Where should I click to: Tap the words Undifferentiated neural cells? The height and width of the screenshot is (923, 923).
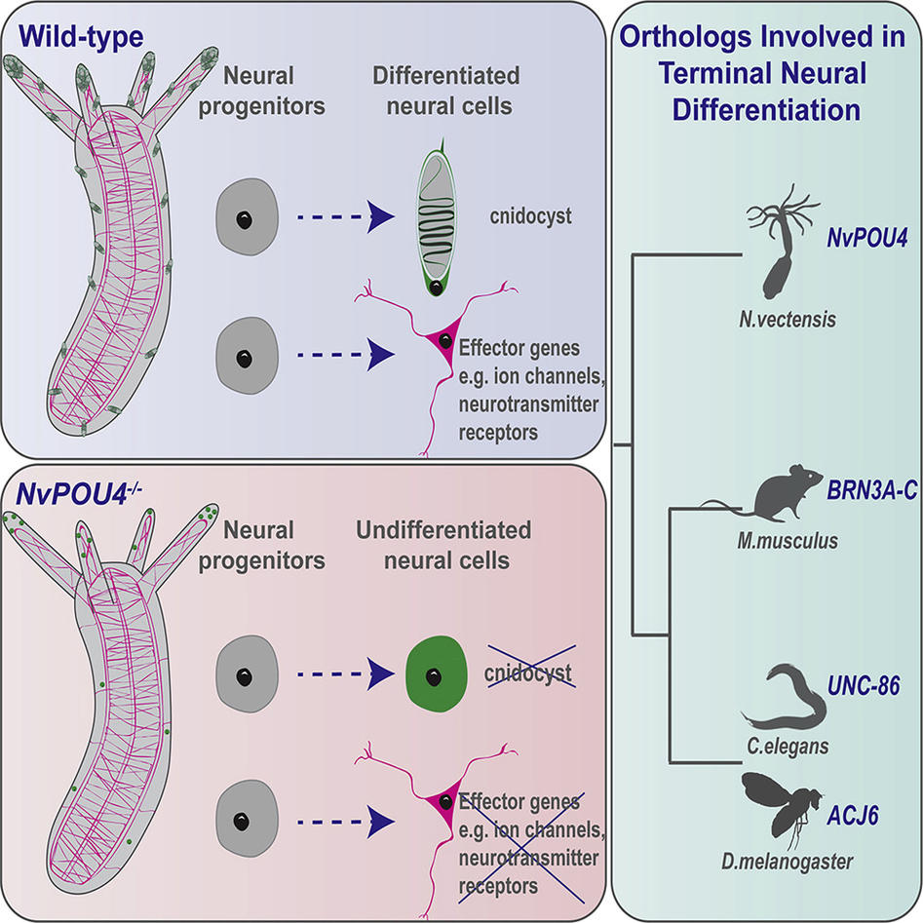pos(458,546)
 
